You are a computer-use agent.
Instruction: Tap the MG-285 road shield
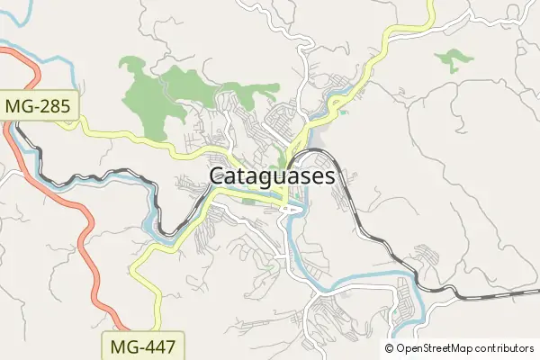[x=40, y=106]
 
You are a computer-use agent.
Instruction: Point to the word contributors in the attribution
[x=505, y=348]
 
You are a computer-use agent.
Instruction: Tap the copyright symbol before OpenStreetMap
[x=390, y=348]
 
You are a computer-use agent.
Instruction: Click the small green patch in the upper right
[x=454, y=60]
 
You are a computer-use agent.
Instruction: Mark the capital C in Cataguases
[x=217, y=176]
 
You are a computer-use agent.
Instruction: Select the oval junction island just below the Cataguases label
[x=290, y=209]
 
